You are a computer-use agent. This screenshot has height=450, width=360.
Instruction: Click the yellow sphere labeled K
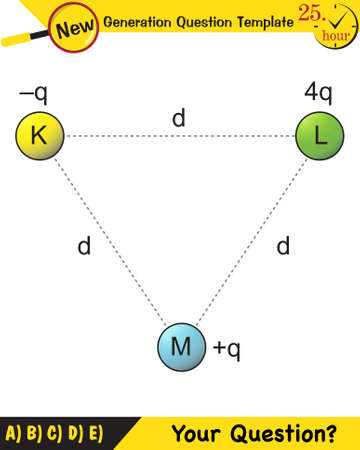coord(39,136)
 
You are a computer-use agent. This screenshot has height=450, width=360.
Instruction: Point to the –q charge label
coord(33,95)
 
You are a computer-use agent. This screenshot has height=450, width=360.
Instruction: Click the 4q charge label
coord(318,95)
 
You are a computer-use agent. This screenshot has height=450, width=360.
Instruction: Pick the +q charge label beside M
coord(227,349)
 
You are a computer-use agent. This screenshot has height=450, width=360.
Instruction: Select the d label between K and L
coord(179,118)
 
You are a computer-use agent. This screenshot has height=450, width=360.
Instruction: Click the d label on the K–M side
coord(87,245)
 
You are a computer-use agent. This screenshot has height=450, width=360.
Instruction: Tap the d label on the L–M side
coord(283,245)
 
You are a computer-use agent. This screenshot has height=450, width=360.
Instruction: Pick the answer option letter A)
coord(13,433)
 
